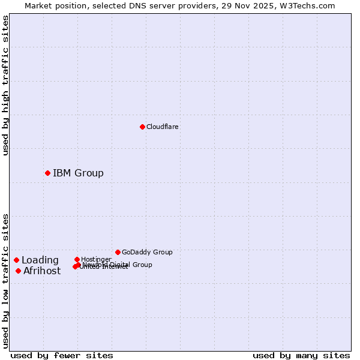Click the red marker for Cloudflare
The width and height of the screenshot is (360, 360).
coord(142,127)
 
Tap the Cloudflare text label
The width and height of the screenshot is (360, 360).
coord(163,127)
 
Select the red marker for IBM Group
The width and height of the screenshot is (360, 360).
coord(47,173)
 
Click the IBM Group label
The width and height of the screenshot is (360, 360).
coord(78,173)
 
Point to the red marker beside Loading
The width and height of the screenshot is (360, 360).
coord(16,260)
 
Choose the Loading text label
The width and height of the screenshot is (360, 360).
coord(40,260)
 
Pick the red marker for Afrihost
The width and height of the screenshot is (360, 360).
coord(18,271)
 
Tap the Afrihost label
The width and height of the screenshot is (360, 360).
coord(42,271)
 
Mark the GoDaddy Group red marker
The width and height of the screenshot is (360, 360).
coord(118,252)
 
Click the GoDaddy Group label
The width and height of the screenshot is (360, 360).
coord(147,252)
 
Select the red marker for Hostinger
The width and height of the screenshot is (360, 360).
coord(77,259)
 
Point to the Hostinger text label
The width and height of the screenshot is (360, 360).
coord(97,259)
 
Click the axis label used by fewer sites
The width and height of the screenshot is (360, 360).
coord(62,355)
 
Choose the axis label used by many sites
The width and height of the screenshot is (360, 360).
coord(301,355)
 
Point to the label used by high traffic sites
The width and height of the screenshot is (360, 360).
coord(6,85)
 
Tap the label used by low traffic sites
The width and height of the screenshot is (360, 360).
coord(6,281)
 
